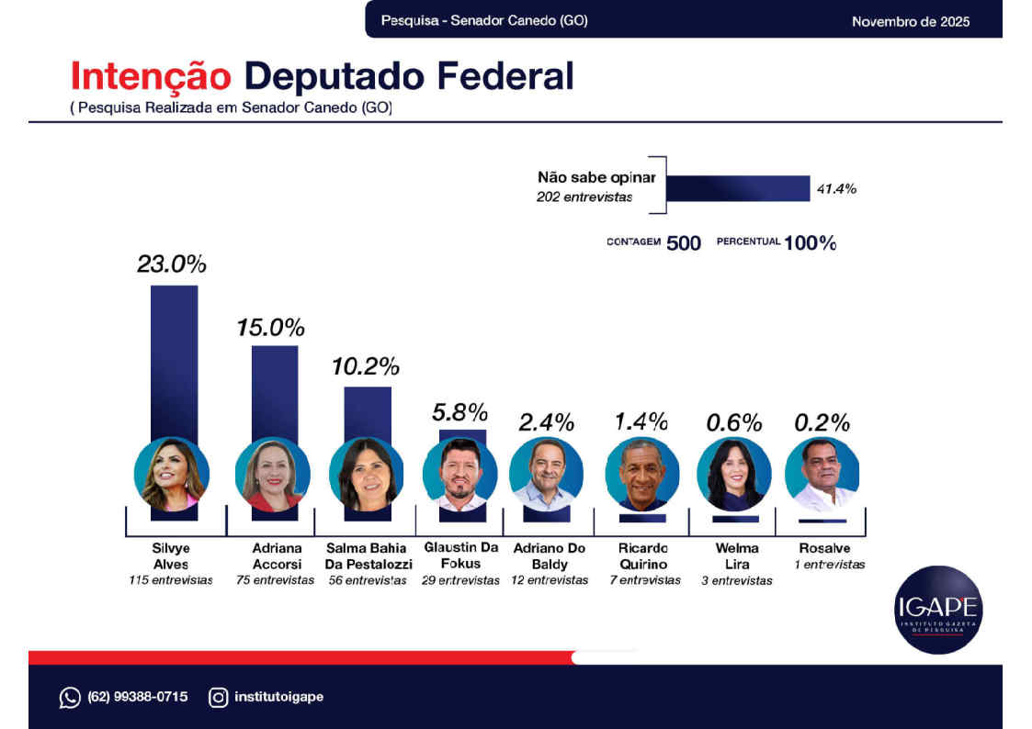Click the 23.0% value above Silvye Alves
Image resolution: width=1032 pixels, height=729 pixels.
(172, 264)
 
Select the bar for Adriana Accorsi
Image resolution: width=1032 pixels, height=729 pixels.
(275, 390)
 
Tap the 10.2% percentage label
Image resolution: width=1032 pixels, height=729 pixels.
(365, 366)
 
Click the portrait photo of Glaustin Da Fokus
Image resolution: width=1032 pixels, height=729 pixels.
(459, 474)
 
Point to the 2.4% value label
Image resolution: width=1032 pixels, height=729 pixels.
(546, 422)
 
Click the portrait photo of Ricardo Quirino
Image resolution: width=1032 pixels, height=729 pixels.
(641, 474)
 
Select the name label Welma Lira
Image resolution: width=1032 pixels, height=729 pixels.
(736, 556)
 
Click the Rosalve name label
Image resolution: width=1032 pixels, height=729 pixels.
(823, 548)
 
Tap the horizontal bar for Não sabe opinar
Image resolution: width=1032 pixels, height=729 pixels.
(737, 188)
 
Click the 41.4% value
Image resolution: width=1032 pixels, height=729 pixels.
(836, 189)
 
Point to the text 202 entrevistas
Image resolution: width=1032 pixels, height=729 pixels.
(584, 197)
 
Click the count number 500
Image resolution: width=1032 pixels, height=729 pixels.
(683, 243)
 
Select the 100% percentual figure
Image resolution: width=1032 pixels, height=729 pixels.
(810, 243)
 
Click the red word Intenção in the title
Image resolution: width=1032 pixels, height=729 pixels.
(153, 76)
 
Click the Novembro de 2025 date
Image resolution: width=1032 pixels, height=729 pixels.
(910, 21)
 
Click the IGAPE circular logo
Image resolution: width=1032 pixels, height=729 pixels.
(937, 610)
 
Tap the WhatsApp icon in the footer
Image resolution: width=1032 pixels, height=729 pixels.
(70, 698)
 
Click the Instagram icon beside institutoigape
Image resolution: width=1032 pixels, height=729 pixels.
(218, 698)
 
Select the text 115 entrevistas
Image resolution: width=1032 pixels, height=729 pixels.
(171, 580)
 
